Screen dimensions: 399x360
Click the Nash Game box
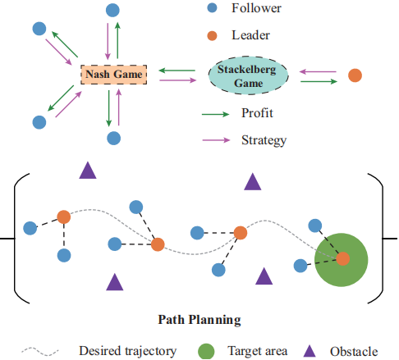click(114, 75)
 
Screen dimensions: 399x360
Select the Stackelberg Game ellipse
click(248, 75)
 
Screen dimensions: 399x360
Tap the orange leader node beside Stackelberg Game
click(355, 75)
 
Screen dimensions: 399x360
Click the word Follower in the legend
click(256, 8)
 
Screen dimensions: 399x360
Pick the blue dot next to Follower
click(212, 7)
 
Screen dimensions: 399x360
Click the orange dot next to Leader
click(212, 35)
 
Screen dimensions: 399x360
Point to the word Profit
click(257, 113)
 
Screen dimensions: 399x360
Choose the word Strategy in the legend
click(264, 140)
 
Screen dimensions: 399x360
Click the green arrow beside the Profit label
click(215, 114)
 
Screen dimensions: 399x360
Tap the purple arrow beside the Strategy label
click(216, 140)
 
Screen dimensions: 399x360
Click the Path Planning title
click(199, 320)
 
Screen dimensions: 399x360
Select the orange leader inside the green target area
click(342, 258)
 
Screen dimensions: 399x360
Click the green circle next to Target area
click(206, 351)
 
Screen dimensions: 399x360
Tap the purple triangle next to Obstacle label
click(310, 351)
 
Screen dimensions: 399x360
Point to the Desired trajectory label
click(128, 352)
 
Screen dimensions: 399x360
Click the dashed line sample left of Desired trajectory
click(40, 352)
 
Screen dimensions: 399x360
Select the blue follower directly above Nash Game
click(112, 11)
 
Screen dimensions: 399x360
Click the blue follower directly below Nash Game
click(113, 138)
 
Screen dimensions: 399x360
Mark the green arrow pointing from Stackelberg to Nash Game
click(177, 71)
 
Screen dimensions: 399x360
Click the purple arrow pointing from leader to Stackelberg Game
click(318, 72)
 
